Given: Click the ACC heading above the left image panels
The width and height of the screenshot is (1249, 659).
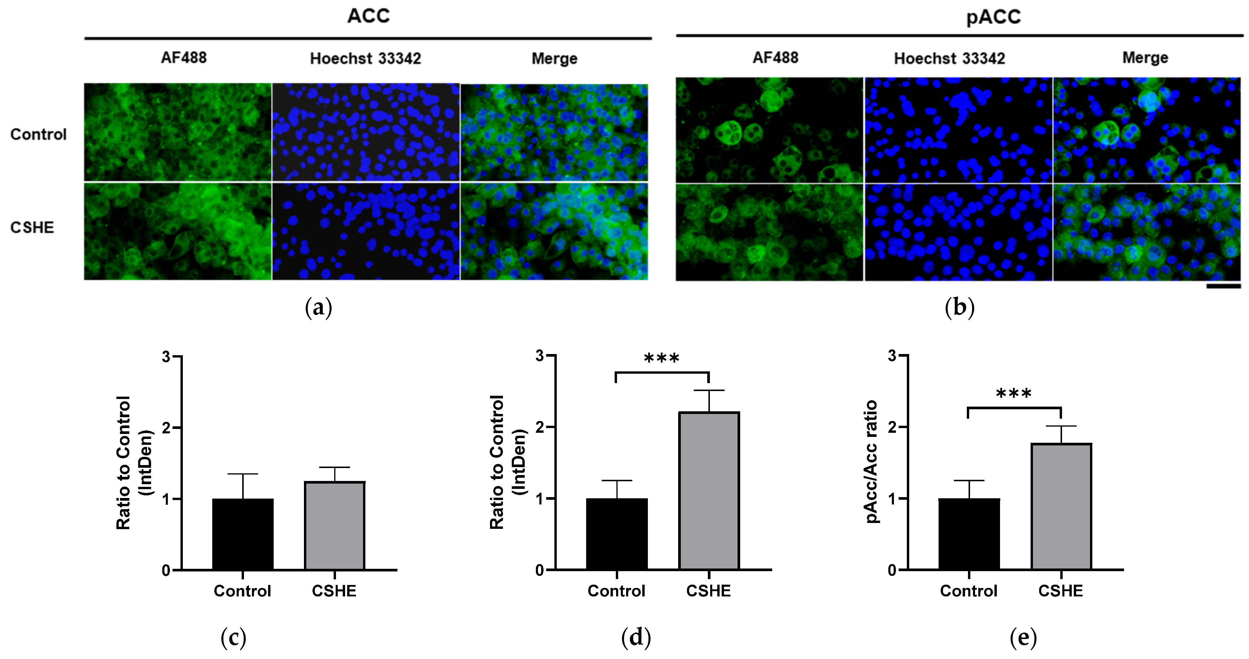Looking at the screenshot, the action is point(369,16).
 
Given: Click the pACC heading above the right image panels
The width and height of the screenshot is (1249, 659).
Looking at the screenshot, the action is point(994,17).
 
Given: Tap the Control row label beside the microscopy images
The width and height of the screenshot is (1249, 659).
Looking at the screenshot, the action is point(38,134).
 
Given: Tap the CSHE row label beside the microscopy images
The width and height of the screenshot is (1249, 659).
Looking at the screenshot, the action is point(32,227).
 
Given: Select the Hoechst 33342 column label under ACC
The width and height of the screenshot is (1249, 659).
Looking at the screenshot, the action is point(366,59).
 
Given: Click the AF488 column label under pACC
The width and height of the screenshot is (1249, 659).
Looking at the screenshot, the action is point(775,58).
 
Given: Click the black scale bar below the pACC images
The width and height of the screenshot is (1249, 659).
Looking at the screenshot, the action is point(1223,286).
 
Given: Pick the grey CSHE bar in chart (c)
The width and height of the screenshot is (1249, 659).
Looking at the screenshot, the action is point(335,525).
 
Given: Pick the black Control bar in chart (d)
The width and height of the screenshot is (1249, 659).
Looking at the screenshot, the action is point(617,534).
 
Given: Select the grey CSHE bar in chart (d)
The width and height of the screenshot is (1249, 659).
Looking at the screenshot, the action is point(709,491).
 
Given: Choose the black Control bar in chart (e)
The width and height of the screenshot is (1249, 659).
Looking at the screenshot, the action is point(969,534).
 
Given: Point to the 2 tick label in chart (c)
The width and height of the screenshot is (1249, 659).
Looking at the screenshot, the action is point(166,428).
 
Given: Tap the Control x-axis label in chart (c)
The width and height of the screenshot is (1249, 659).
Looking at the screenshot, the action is point(243,591).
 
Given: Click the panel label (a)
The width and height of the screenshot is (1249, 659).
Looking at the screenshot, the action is point(319,308).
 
